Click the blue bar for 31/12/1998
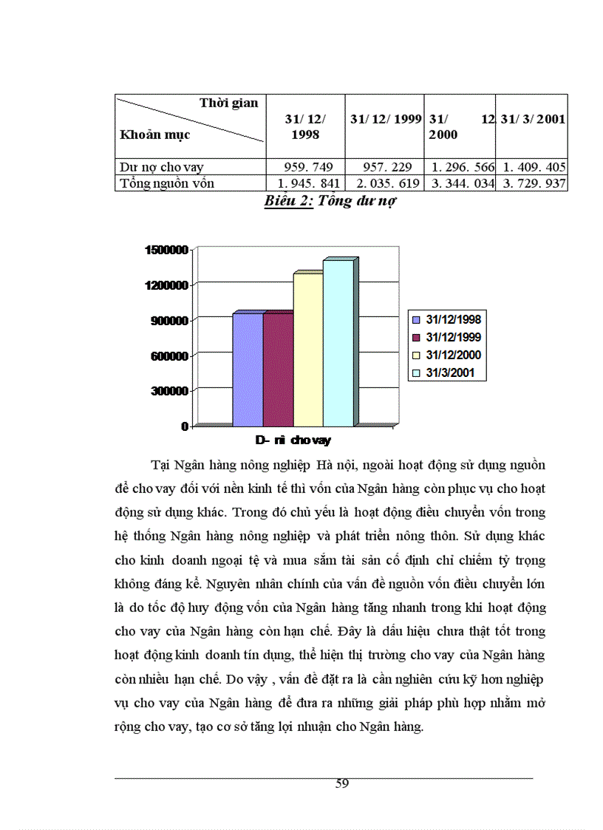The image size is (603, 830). coord(247,370)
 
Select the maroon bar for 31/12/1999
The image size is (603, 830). coord(277,370)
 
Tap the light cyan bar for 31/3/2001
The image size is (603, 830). coord(338,343)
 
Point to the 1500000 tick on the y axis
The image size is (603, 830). coord(166,250)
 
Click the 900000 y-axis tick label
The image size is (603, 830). coord(169,320)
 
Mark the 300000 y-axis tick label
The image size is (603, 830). coord(169,391)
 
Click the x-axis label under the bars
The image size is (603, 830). coord(293,440)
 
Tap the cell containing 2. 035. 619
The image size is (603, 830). coord(385,183)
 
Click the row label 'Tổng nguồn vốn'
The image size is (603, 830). coord(167,183)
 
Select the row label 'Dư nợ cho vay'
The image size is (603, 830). coord(162,168)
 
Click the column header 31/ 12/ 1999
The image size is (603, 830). coord(386,119)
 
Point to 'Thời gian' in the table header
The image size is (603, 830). coord(228,103)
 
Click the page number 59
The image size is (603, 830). coord(341,783)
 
